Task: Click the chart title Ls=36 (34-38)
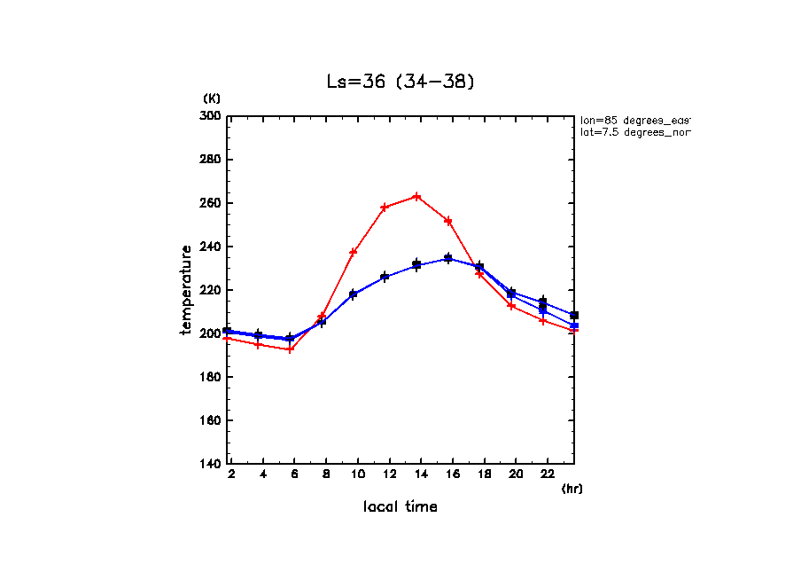click(x=400, y=82)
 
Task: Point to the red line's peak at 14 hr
click(x=416, y=196)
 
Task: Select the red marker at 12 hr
click(x=385, y=207)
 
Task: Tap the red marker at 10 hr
click(x=353, y=252)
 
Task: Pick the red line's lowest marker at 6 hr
click(x=290, y=349)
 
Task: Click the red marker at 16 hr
click(x=448, y=221)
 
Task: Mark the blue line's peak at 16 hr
click(x=448, y=258)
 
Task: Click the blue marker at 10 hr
click(x=353, y=294)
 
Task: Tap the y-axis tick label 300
click(x=210, y=116)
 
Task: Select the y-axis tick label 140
click(x=210, y=464)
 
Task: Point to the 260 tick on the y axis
click(x=210, y=203)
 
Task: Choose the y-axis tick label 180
click(x=210, y=377)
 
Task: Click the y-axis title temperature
click(x=187, y=290)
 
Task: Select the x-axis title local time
click(x=400, y=507)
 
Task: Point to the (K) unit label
click(x=212, y=98)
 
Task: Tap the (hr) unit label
click(x=572, y=489)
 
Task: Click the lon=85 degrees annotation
click(x=634, y=120)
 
